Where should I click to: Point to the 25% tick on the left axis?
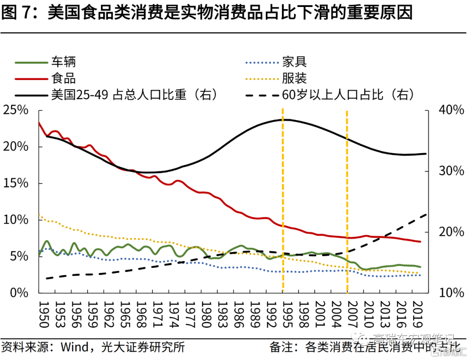16,111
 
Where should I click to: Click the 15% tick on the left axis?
16,183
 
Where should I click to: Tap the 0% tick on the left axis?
19,293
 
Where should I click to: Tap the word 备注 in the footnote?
281,347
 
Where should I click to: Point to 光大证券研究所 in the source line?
143,347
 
